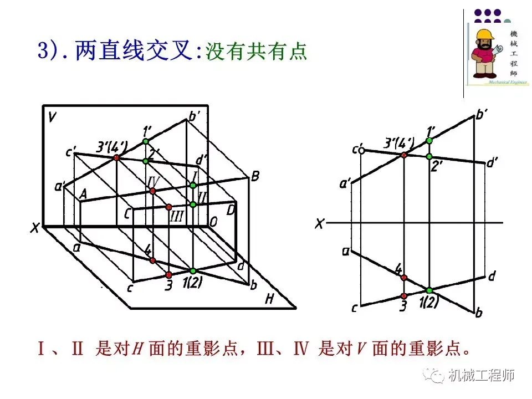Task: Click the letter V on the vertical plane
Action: point(52,117)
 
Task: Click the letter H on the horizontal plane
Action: point(270,299)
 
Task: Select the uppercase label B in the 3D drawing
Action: point(255,177)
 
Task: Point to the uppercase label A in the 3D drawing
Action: point(84,194)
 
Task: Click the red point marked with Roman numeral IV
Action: point(153,191)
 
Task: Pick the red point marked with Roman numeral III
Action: point(169,207)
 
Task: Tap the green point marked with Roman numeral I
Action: point(193,185)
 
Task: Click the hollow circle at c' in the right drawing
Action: point(361,150)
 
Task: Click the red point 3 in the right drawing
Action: point(404,296)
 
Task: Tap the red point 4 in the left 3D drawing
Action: point(153,260)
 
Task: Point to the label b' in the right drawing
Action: point(482,115)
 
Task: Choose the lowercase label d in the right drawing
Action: point(491,275)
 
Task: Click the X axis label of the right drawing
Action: point(319,224)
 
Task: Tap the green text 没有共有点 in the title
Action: point(256,52)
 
